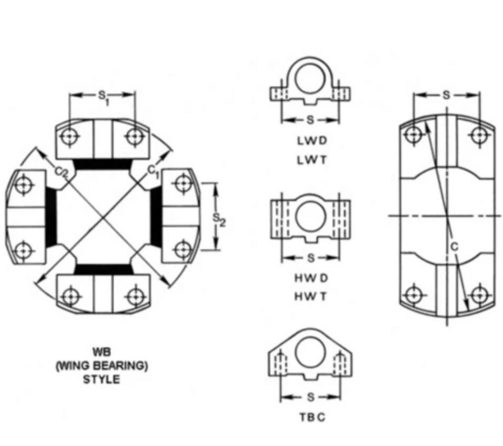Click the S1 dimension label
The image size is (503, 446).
(102, 96)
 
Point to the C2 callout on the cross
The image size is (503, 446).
(61, 171)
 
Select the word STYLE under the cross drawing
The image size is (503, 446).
(101, 379)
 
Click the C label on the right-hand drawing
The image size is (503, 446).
(454, 248)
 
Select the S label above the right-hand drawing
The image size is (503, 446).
(445, 95)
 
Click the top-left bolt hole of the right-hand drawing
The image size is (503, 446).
(413, 134)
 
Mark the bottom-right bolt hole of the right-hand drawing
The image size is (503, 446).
(480, 294)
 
